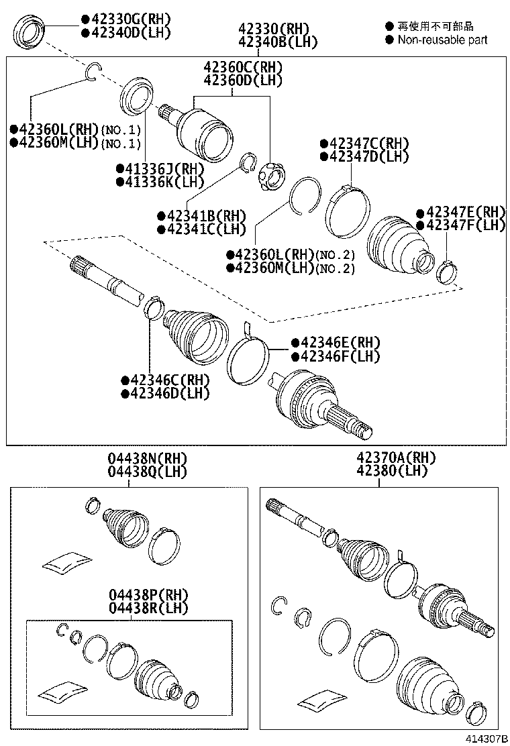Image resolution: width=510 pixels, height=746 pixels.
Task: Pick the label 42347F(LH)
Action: tap(461, 225)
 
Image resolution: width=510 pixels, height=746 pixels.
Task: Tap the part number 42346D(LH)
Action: tap(165, 394)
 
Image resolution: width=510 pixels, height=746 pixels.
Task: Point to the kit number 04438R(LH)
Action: tap(149, 608)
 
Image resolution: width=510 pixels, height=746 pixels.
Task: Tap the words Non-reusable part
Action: tap(442, 40)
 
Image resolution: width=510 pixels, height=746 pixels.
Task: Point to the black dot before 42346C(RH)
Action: tap(125, 380)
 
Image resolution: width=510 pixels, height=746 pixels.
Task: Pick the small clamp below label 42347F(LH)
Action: tap(445, 271)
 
